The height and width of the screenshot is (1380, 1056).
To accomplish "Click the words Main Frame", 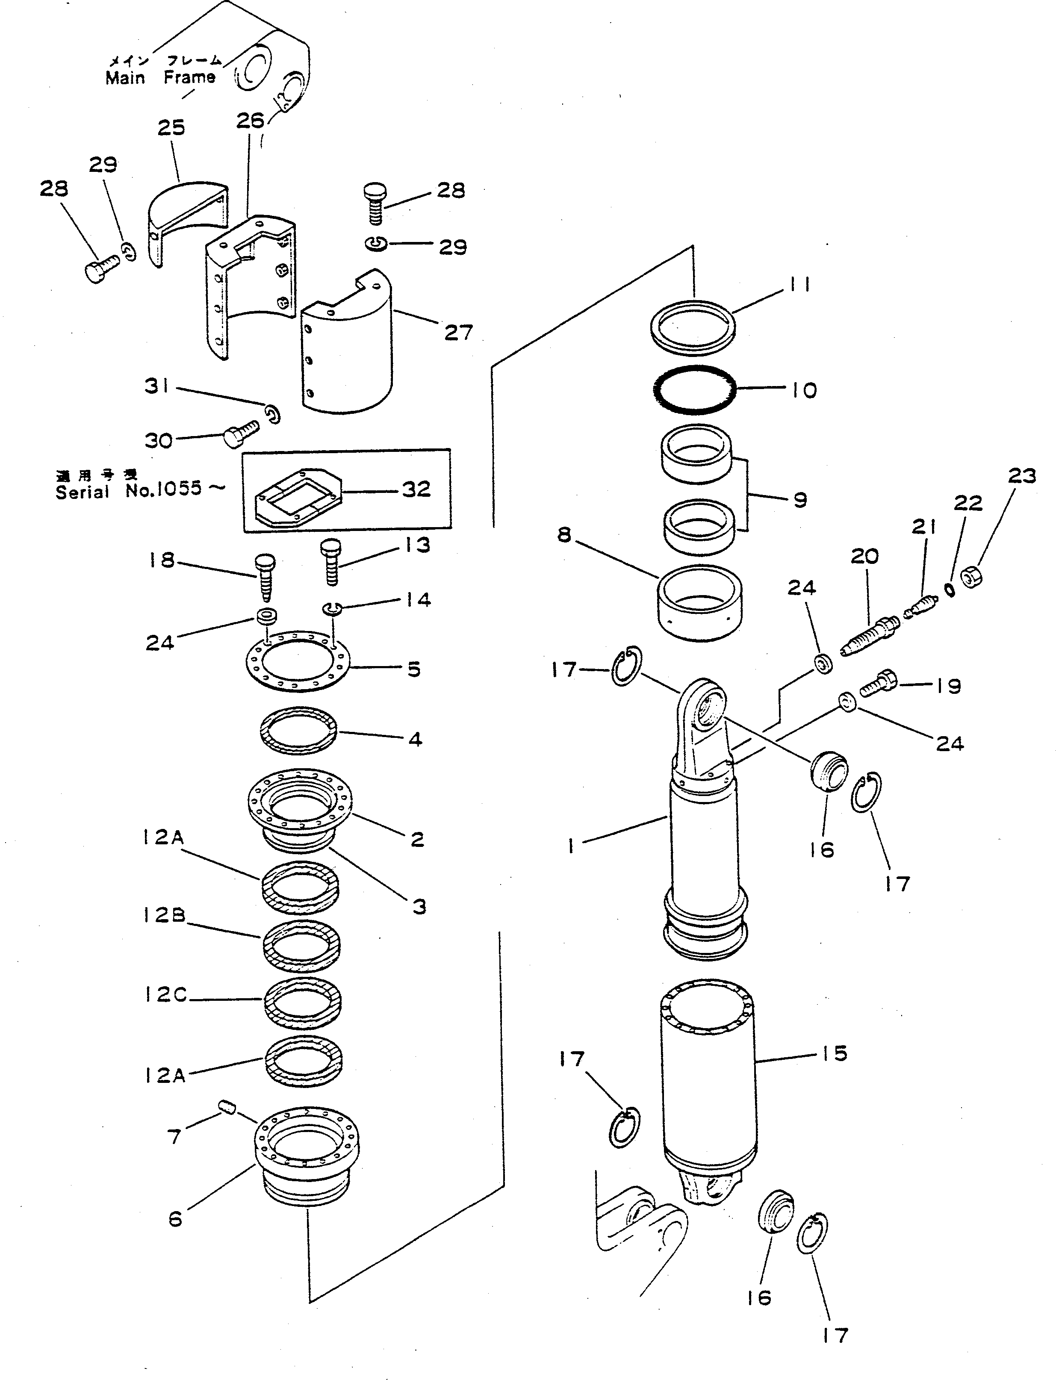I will [x=160, y=78].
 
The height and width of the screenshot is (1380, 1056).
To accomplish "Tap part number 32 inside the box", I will [x=416, y=489].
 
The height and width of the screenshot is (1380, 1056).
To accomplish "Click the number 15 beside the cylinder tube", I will [x=834, y=1053].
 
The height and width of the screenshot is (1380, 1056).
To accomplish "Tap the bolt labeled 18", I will [x=265, y=575].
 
